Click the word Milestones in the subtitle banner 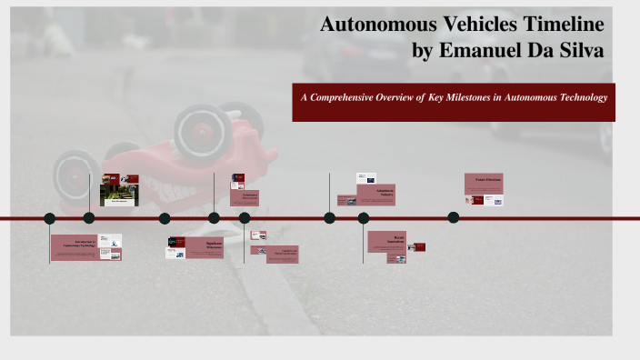tap(471, 96)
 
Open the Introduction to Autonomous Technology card tap(85, 247)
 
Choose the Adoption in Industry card tap(375, 195)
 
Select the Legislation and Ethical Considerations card tap(282, 255)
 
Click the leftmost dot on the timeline tap(49, 218)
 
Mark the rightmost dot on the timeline tap(453, 217)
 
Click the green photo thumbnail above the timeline tap(119, 195)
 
